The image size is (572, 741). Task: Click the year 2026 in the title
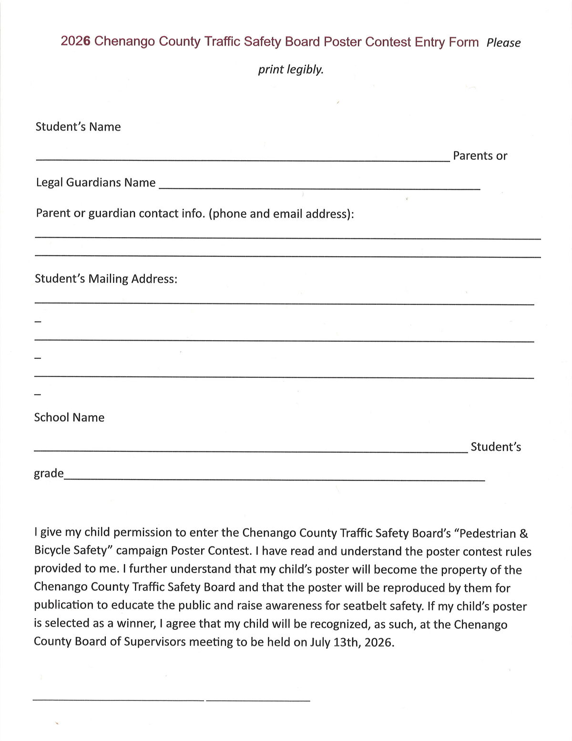75,42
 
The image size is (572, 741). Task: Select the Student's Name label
78,127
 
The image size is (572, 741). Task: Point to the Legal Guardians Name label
96,183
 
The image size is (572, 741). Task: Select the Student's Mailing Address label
106,279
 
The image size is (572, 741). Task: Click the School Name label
69,417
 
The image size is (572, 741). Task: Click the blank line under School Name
251,451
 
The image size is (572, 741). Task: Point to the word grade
49,473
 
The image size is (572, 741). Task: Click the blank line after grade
274,479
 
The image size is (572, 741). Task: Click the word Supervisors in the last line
154,642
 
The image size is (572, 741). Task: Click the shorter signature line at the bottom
258,700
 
